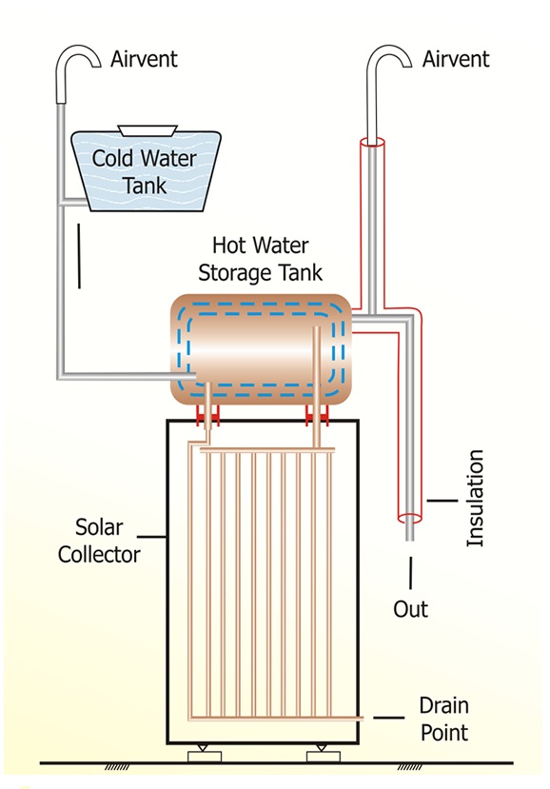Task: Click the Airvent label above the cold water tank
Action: [144, 59]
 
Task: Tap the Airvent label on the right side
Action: [456, 59]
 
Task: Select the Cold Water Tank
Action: [146, 170]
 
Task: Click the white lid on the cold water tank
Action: [147, 130]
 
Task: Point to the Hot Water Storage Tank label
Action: [260, 259]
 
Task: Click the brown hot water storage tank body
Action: [261, 349]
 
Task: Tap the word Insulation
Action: [475, 498]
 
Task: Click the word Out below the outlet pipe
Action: [411, 609]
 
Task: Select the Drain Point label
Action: [444, 720]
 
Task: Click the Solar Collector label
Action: [99, 541]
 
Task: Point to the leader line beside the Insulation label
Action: [442, 501]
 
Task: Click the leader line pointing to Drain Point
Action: [388, 718]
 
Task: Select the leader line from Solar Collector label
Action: [152, 537]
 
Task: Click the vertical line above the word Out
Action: [411, 573]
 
